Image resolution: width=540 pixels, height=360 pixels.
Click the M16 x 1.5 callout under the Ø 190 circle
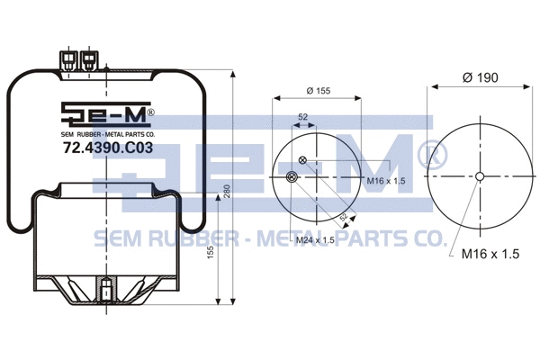tap(491, 256)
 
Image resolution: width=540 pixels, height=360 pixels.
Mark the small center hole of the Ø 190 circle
tap(481, 176)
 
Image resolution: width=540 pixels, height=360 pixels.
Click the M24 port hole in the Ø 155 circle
tap(291, 178)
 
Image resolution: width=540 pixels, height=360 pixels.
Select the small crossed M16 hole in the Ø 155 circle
tap(302, 161)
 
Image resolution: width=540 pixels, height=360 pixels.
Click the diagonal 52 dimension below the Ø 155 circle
tap(344, 217)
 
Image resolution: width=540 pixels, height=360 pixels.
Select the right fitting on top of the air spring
tap(89, 59)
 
